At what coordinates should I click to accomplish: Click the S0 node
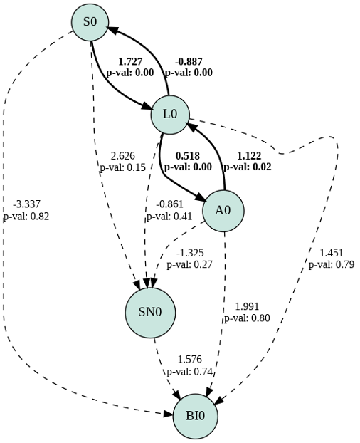coord(90,22)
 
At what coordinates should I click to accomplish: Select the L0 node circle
coord(170,115)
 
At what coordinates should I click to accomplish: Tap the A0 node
coord(223,211)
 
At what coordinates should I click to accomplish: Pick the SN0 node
coord(150,313)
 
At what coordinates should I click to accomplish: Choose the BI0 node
coord(195,417)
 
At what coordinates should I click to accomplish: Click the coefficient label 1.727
coord(130,61)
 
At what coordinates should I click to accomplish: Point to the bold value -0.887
coord(189,61)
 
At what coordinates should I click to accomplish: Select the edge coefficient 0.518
coord(188,156)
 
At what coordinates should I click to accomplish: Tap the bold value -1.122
coord(248,156)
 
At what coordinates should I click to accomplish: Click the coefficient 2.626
coord(123,156)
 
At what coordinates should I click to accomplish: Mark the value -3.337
coord(26,204)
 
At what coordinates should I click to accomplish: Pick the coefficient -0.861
coord(169,204)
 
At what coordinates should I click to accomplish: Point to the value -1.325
coord(190,253)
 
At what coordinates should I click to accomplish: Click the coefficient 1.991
coord(247,306)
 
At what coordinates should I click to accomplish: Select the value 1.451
coord(332,253)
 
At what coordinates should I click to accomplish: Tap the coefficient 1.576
coord(189,360)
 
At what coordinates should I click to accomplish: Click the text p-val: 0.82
coord(26,217)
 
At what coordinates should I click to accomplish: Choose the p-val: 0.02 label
coord(248,167)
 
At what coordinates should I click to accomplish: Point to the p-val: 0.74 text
coord(189,372)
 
